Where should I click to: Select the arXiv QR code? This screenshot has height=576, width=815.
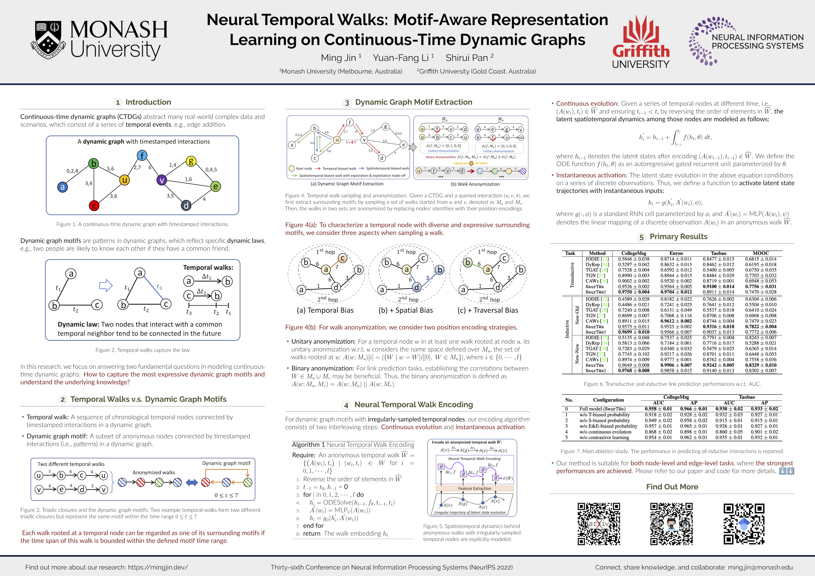pos(599,524)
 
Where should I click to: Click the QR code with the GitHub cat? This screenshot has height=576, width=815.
pos(671,524)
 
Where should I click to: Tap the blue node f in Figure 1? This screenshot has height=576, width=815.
pos(142,156)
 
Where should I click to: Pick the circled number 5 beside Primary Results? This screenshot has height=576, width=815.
pos(641,237)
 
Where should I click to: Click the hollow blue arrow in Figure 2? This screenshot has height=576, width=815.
pos(106,285)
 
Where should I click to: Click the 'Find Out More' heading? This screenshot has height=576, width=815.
pos(672,487)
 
